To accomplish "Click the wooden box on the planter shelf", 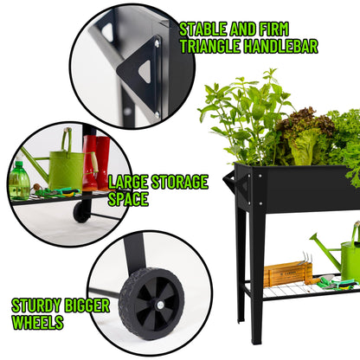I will [x=287, y=273].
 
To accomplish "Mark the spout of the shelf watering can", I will [x=320, y=248].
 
